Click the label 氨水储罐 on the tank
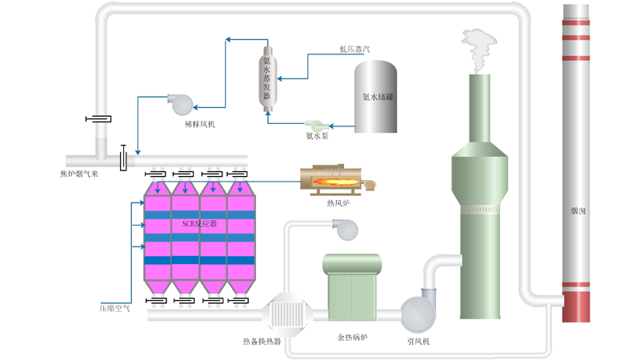tap(378, 97)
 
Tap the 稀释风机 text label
tap(199, 124)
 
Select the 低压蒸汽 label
tap(354, 49)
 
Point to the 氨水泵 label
tap(317, 136)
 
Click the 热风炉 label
tap(338, 203)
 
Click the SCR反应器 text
tap(199, 224)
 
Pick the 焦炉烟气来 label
tap(79, 174)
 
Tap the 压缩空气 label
tap(114, 308)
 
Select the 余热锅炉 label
tap(352, 338)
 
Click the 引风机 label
tap(418, 342)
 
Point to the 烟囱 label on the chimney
tap(578, 211)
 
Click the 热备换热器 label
tap(262, 342)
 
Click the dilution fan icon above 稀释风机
tap(181, 105)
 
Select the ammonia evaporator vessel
tap(267, 78)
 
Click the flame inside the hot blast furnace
tap(334, 182)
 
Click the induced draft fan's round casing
tap(418, 314)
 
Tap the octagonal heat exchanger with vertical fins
tap(286, 314)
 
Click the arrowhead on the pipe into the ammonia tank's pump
tap(331, 126)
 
